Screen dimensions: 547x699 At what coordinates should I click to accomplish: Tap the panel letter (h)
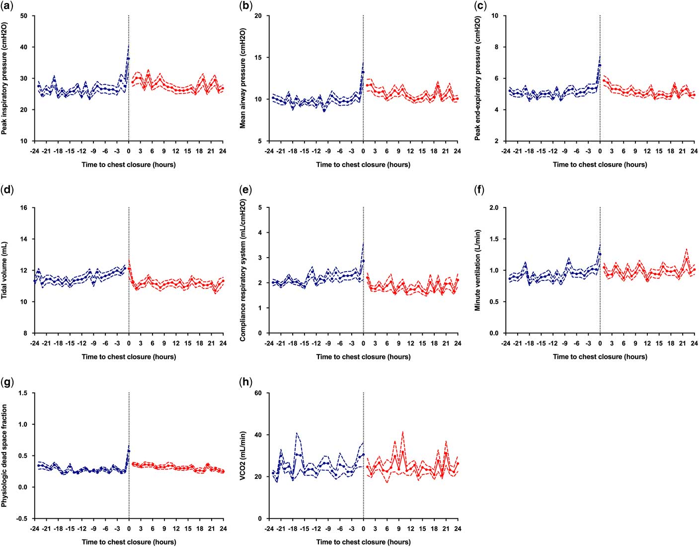[245, 382]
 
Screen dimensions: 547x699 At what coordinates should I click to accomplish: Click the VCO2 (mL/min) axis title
[243, 456]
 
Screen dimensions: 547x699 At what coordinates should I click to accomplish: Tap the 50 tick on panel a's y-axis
[24, 16]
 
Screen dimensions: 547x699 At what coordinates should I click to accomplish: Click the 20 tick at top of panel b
[258, 16]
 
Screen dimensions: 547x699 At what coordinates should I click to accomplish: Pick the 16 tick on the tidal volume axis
[24, 208]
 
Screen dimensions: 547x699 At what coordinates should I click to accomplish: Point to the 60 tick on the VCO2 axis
[258, 393]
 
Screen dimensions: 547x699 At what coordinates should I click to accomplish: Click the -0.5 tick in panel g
[22, 519]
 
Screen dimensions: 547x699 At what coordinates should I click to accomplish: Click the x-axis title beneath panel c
[600, 165]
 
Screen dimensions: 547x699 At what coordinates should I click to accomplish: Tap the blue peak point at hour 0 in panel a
[128, 59]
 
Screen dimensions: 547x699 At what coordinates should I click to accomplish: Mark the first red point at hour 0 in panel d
[129, 269]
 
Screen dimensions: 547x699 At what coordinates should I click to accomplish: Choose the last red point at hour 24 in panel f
[695, 270]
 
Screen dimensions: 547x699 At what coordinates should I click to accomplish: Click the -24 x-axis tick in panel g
[34, 528]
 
